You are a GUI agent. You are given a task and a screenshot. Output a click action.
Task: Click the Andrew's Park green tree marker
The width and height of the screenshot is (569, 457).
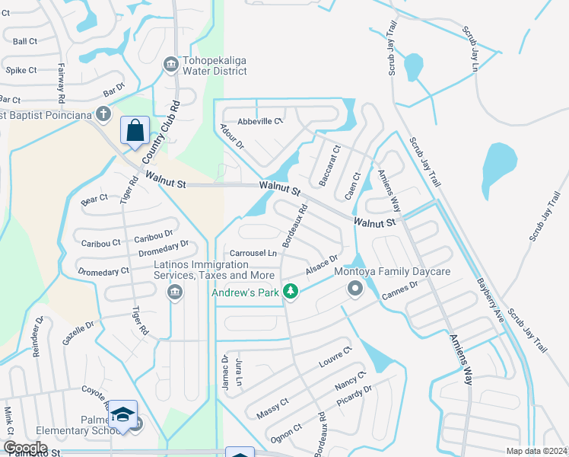click(x=290, y=291)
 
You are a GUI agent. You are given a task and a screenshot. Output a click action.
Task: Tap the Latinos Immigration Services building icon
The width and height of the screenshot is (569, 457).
click(x=176, y=292)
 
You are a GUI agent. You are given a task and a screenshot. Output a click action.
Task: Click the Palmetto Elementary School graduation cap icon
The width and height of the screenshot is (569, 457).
click(x=122, y=414)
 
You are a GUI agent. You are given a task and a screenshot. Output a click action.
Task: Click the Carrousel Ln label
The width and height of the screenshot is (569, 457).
click(x=250, y=253)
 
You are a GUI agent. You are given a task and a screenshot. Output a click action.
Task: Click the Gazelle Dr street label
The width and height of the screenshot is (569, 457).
click(x=78, y=331)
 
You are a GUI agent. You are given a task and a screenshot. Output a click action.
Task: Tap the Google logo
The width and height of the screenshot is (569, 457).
click(x=25, y=448)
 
